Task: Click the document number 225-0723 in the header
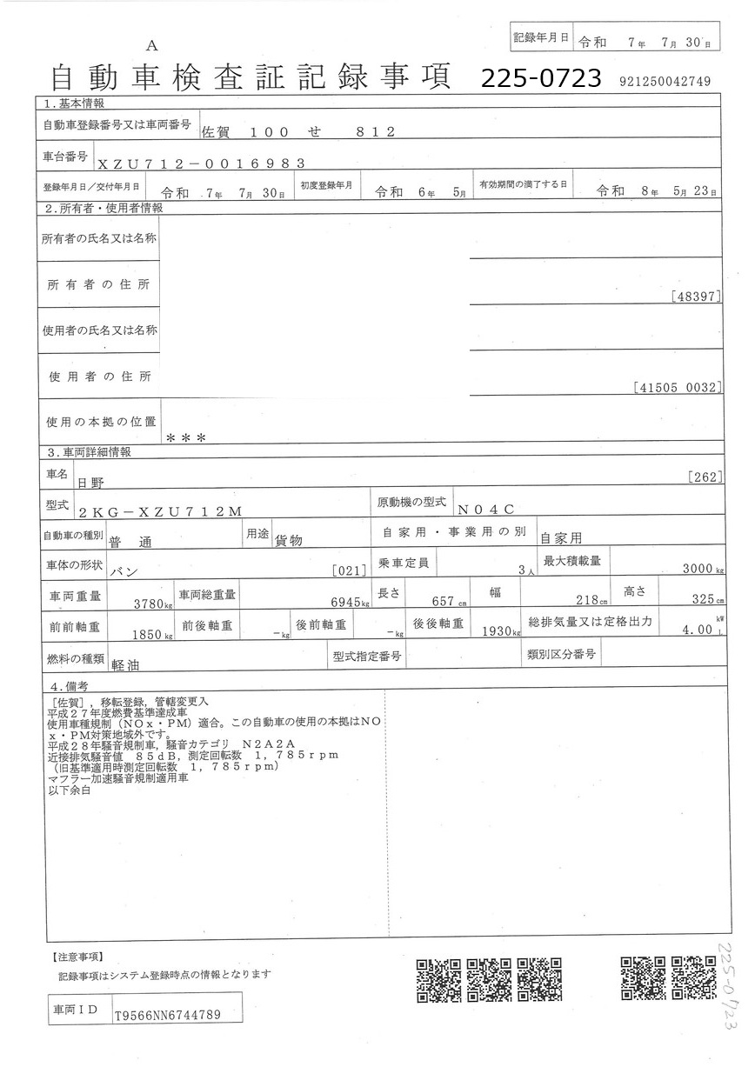coord(541,79)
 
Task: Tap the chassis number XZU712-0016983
coord(201,163)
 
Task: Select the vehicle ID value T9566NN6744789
coord(167,1015)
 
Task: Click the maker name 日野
coord(90,481)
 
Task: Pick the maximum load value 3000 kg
coord(703,569)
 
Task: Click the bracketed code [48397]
coord(697,297)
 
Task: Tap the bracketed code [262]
coord(705,476)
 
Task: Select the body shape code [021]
coord(349,570)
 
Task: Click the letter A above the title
coord(152,45)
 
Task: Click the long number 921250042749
coord(665,82)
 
